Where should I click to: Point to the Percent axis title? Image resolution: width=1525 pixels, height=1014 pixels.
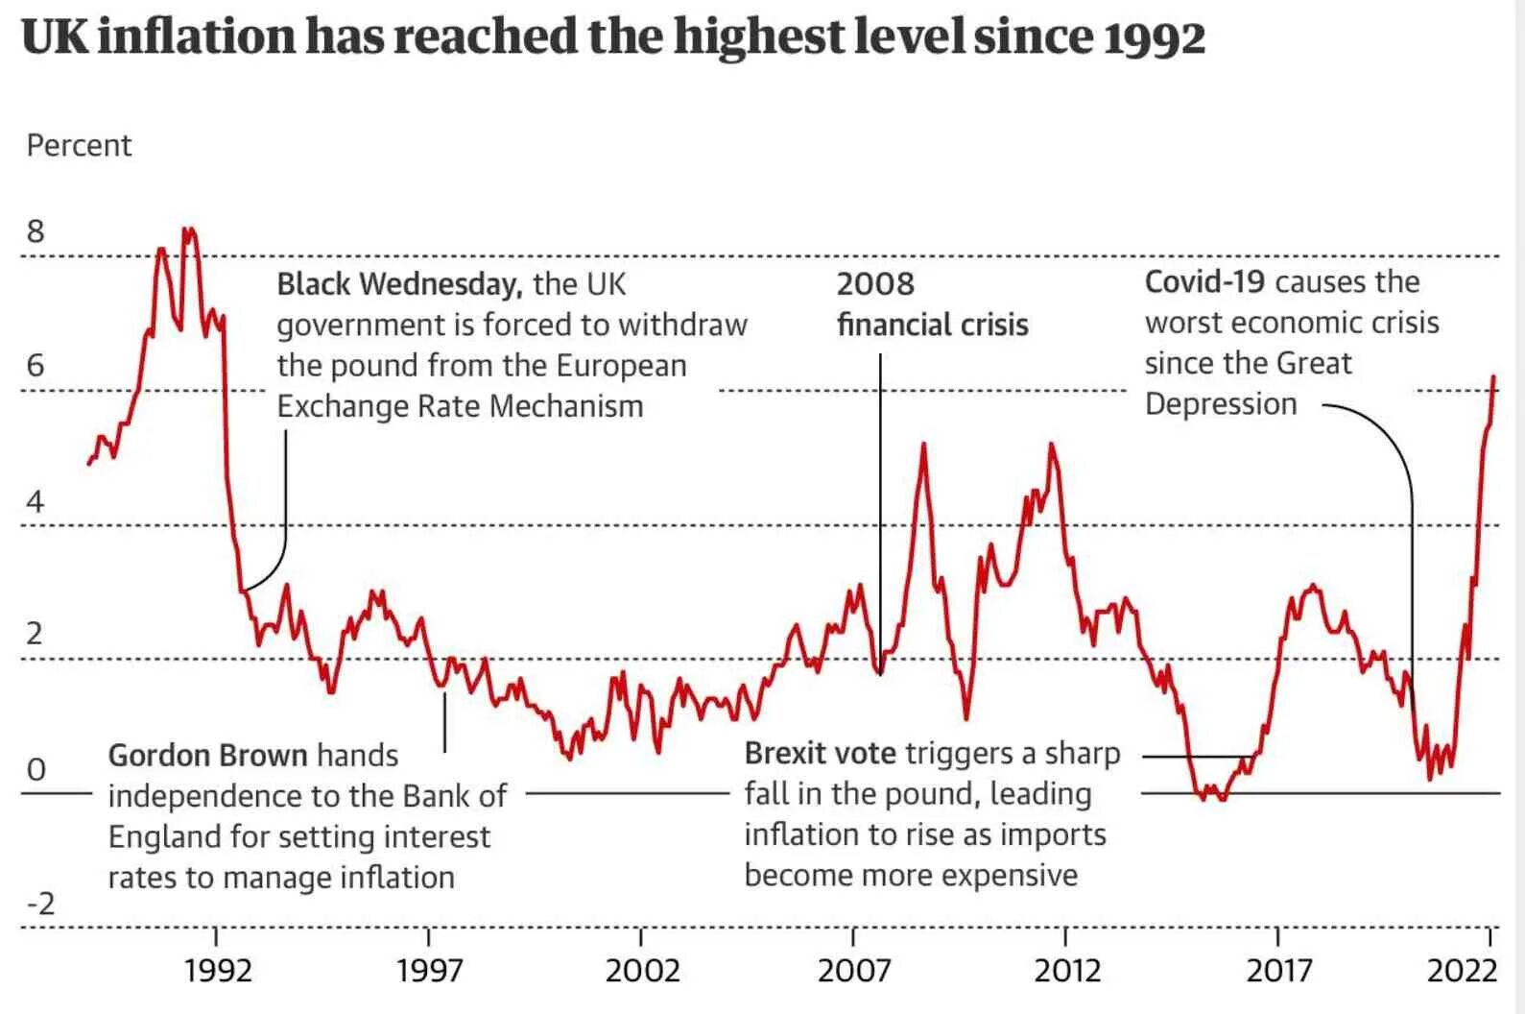point(79,146)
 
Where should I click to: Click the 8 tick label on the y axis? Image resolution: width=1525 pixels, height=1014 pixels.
point(36,231)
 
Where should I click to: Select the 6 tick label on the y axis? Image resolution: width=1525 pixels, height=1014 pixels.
point(36,366)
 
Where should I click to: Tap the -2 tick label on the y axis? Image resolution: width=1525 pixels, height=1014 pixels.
point(40,904)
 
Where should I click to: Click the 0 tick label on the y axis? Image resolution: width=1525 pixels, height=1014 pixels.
point(36,769)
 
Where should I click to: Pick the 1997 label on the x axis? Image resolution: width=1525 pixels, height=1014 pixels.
point(429,971)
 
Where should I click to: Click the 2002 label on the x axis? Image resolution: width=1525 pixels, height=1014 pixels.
point(642,971)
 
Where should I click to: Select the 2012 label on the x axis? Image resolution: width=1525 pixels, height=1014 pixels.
point(1066,971)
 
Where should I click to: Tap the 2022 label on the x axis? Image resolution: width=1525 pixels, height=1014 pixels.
point(1462,971)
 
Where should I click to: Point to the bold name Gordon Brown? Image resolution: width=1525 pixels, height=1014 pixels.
point(207,756)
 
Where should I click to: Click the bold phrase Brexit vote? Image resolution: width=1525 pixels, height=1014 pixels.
point(820,754)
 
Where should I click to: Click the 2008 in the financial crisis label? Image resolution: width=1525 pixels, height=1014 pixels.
point(875,284)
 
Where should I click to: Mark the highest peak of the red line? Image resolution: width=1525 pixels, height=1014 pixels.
point(188,229)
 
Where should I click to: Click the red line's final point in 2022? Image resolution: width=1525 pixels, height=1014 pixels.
point(1494,376)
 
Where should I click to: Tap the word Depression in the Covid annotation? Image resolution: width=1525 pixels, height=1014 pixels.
point(1221,404)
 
